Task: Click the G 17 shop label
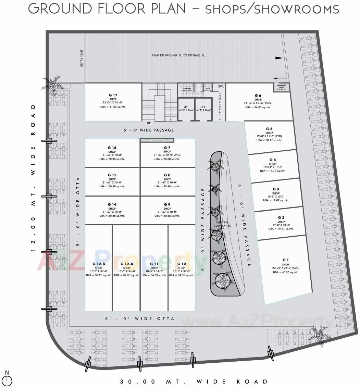pos(113,95)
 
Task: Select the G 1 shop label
pos(285,260)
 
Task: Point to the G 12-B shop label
pos(99,264)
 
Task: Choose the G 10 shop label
pos(182,264)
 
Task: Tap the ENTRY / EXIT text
pos(82,58)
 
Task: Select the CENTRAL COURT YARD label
pos(222,224)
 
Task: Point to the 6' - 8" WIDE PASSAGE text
pos(149,130)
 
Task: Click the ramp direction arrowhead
pos(280,58)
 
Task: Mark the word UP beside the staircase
pos(148,122)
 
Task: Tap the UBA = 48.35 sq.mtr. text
pos(285,272)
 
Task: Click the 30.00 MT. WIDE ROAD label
pos(194,381)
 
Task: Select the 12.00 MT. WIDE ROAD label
pos(33,178)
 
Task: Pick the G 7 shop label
pos(167,148)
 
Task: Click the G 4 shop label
pos(272,160)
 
